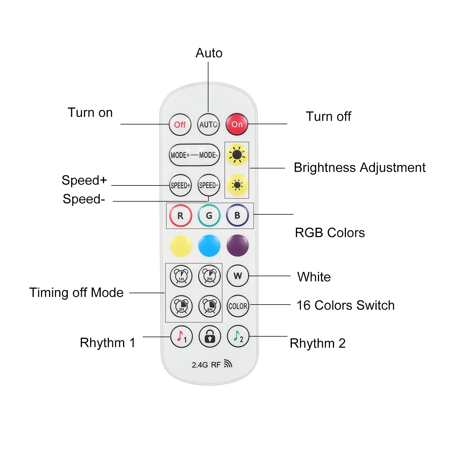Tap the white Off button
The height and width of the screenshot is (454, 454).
[180, 124]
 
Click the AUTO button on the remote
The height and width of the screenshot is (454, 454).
[208, 124]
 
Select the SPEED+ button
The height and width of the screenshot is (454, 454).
[180, 185]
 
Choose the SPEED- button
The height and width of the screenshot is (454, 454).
[209, 185]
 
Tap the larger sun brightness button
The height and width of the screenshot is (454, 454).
[237, 155]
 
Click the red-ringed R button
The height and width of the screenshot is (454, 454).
[181, 216]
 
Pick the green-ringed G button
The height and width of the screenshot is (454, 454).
[209, 216]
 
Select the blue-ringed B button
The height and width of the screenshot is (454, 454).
[237, 216]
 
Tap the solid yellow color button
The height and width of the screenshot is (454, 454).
[181, 246]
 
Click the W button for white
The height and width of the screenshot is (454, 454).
[238, 276]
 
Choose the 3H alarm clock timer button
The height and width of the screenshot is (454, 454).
[181, 306]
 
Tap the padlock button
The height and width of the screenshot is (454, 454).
[210, 337]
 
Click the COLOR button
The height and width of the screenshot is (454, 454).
[238, 306]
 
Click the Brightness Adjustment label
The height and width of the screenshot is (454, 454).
[360, 168]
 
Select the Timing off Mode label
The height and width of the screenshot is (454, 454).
[76, 293]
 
